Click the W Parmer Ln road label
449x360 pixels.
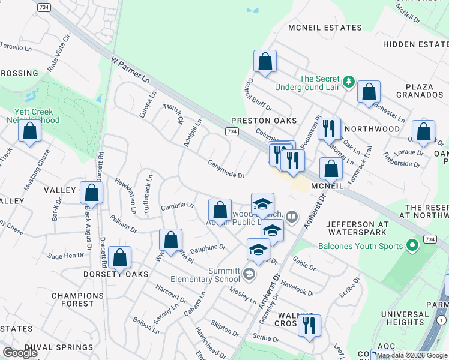(x=130, y=70)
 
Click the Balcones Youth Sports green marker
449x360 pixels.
(x=412, y=245)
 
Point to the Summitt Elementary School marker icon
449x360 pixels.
(x=249, y=275)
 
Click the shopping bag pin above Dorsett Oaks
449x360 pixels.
(x=120, y=258)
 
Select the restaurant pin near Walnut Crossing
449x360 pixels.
(x=309, y=325)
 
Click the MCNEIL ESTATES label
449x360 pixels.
(x=325, y=28)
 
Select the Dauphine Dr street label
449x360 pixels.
(x=208, y=247)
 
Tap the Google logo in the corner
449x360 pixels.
(x=20, y=353)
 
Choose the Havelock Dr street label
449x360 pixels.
(x=296, y=289)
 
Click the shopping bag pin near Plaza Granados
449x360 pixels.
(x=369, y=92)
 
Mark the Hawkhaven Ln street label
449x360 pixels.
(x=126, y=197)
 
